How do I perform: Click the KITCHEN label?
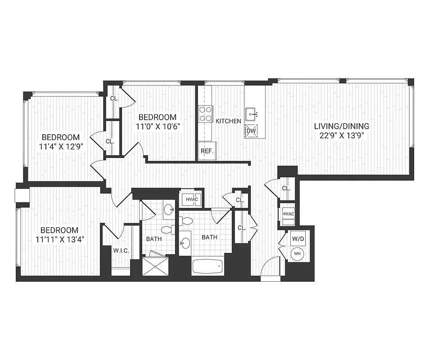[228, 121]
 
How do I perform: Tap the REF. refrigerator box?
[207, 151]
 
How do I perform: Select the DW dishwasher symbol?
[251, 131]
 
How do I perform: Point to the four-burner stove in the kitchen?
[206, 114]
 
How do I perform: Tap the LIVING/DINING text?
[341, 126]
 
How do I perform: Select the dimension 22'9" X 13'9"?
[341, 135]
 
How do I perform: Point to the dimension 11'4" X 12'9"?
[61, 146]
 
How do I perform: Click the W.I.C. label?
[121, 251]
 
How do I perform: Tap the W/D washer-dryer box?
[297, 238]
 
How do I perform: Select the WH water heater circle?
[297, 253]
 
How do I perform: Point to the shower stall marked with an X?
[155, 266]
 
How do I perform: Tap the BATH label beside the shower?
[154, 239]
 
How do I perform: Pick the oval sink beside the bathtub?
[185, 243]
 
